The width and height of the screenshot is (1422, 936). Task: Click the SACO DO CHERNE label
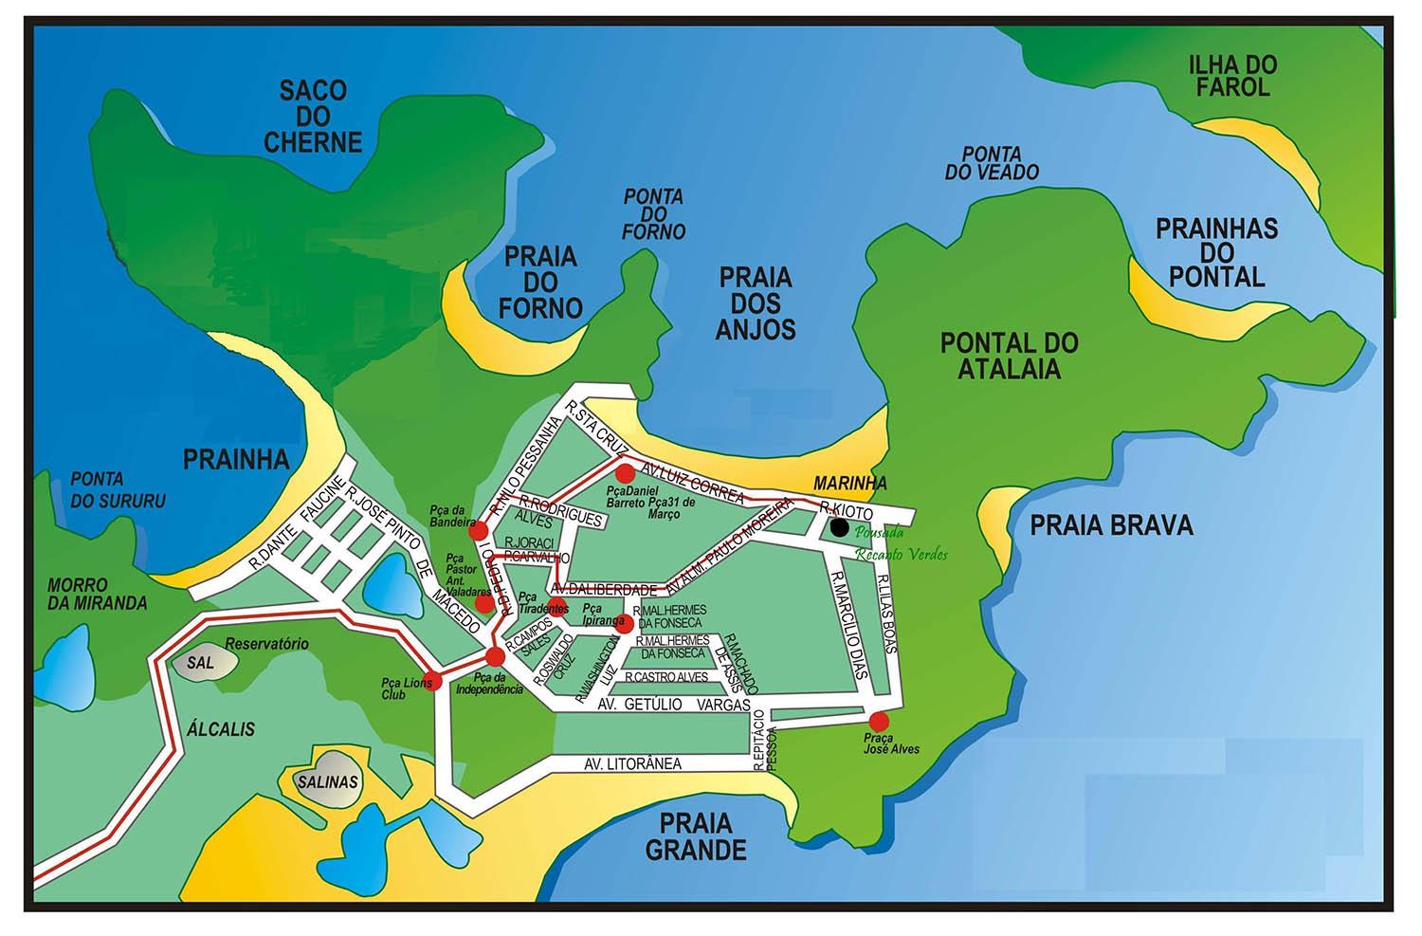tap(313, 117)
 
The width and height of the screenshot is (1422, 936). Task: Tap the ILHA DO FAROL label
tap(1231, 77)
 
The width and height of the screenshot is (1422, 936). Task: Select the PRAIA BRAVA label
tap(1110, 524)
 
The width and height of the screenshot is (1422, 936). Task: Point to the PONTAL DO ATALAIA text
tap(1009, 355)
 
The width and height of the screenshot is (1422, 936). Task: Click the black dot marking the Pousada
tap(839, 527)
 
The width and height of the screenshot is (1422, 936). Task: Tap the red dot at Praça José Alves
tap(880, 720)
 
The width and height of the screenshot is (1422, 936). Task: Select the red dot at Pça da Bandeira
tap(479, 530)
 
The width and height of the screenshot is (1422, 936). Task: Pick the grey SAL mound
tap(200, 664)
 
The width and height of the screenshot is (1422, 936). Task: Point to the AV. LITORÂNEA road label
tap(632, 763)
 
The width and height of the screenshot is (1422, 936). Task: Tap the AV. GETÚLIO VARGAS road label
tap(674, 706)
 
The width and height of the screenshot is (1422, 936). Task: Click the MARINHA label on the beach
tap(849, 484)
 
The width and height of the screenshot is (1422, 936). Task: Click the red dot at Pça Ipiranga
tap(624, 624)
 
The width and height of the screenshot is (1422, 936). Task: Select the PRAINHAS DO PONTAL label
tap(1216, 253)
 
